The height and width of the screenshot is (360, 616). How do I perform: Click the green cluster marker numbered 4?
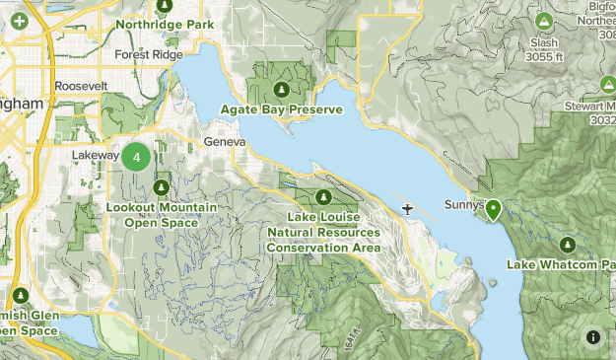click(136, 156)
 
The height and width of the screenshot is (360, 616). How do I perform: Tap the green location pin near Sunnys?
click(491, 209)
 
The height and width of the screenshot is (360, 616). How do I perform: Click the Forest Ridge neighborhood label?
click(149, 55)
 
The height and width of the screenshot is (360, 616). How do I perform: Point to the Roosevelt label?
click(81, 87)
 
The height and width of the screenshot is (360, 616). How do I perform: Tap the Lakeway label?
click(96, 156)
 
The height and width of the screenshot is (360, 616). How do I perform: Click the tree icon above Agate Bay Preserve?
click(281, 92)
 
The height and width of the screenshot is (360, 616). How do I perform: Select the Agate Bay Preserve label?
click(281, 108)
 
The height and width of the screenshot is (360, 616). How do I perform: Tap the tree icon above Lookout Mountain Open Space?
click(161, 186)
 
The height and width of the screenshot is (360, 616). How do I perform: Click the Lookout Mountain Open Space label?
click(161, 215)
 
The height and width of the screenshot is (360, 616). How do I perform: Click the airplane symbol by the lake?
click(407, 208)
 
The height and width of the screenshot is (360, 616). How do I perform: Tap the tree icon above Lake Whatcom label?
click(566, 245)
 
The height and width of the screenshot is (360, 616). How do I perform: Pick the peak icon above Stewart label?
click(608, 85)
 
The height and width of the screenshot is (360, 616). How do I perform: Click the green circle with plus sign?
click(18, 20)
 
